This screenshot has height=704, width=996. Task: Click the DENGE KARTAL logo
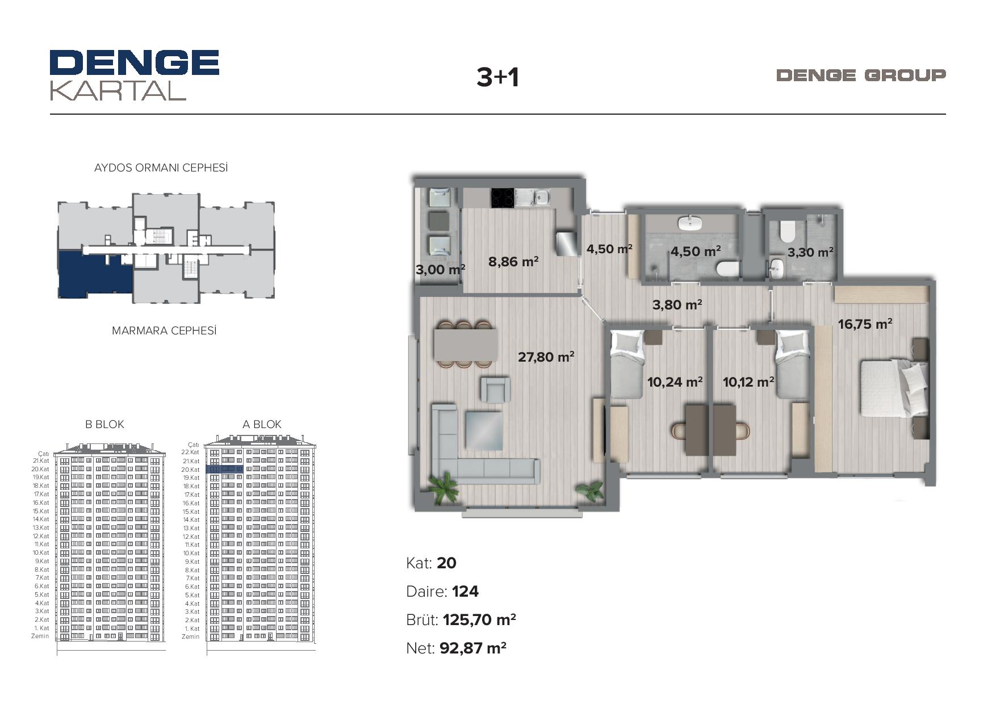[135, 75]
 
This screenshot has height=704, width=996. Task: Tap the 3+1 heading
[498, 77]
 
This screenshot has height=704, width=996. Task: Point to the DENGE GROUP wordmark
[861, 75]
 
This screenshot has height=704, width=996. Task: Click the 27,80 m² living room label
[546, 357]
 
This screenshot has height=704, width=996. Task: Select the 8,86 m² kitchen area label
[513, 261]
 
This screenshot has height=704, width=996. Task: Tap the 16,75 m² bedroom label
[865, 324]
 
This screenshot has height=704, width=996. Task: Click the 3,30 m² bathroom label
[810, 252]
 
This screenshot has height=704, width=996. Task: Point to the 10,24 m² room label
[675, 382]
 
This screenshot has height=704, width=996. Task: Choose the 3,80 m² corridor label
[677, 305]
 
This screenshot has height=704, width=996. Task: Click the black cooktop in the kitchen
[503, 198]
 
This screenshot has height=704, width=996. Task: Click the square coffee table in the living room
[484, 431]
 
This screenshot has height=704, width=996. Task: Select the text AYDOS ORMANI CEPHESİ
[161, 168]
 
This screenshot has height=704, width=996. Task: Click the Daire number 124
[466, 592]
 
